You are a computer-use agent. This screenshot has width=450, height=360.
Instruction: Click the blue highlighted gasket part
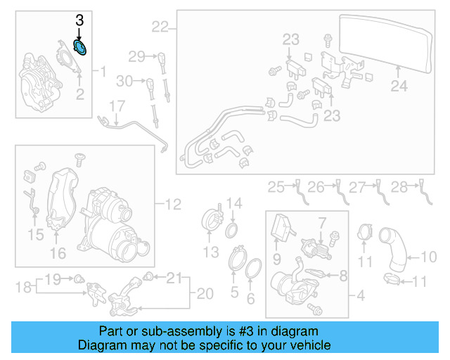(82, 49)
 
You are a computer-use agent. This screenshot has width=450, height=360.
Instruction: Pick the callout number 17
(117, 107)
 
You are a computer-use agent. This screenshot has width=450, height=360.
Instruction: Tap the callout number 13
(211, 252)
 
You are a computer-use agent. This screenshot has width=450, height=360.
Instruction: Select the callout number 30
(124, 82)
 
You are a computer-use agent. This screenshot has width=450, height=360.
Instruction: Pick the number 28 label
(399, 187)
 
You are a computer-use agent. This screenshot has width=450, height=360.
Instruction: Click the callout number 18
(23, 287)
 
